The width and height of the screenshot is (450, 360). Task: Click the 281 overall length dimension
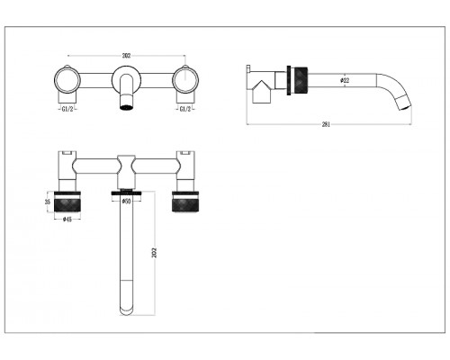[326, 124]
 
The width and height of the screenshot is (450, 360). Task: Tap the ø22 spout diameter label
[345, 80]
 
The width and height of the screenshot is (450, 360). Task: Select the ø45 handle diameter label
[67, 220]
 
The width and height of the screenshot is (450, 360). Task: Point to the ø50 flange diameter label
[126, 202]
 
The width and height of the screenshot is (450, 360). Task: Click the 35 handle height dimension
[48, 202]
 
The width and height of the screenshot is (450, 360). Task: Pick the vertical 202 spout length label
[155, 253]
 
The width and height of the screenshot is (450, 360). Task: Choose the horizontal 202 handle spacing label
[126, 56]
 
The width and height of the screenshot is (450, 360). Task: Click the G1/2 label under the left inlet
[67, 109]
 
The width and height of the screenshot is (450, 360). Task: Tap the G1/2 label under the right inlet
[185, 109]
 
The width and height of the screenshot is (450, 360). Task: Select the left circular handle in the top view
[67, 80]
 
